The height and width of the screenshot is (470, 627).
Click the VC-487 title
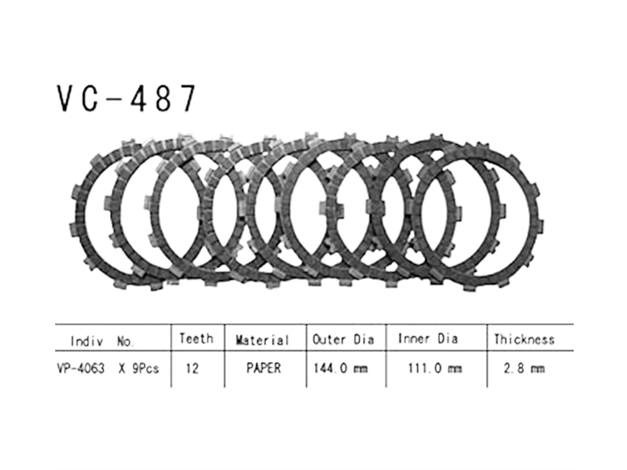tap(126, 99)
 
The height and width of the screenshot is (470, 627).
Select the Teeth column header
tap(196, 338)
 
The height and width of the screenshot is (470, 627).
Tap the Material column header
tap(262, 340)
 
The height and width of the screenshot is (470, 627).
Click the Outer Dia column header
tap(343, 339)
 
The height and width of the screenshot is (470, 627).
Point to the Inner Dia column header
tap(428, 338)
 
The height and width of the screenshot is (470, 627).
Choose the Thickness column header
tap(524, 339)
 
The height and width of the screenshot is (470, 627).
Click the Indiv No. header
tap(102, 341)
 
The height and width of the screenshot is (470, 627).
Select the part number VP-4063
tap(80, 368)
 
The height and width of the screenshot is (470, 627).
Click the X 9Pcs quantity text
tap(139, 368)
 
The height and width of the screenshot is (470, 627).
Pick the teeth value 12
tap(192, 368)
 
